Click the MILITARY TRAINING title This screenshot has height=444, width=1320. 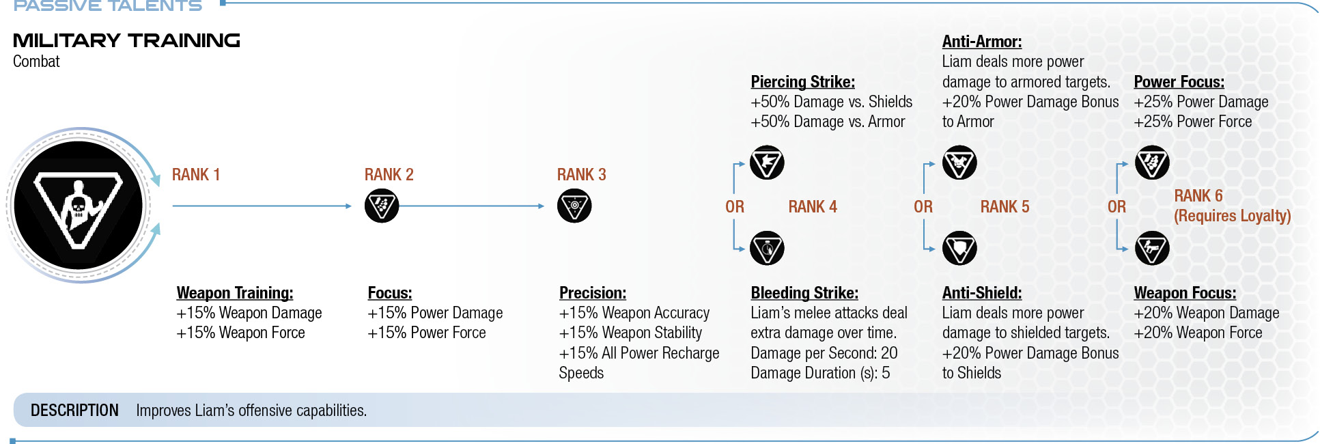[x=126, y=41]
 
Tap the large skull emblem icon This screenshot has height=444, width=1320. [x=79, y=205]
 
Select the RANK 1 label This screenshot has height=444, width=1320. [x=196, y=175]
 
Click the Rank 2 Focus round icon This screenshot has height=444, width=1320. [x=382, y=206]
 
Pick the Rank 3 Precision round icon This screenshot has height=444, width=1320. [x=574, y=206]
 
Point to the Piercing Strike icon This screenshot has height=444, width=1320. [x=767, y=163]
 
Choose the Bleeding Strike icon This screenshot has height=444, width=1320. [x=767, y=248]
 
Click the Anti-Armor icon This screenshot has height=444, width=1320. [x=959, y=163]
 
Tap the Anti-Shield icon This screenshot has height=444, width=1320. [x=959, y=248]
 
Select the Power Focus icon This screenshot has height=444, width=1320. [x=1152, y=163]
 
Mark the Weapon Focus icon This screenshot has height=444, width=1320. [x=1152, y=248]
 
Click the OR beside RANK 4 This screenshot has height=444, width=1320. [x=735, y=207]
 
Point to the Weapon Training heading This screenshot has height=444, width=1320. [x=235, y=293]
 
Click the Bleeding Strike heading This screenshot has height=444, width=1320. [x=804, y=293]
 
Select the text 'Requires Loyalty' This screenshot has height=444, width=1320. [x=1233, y=216]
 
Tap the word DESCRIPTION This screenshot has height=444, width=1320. [x=74, y=411]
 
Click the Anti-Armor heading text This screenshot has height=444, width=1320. [x=982, y=42]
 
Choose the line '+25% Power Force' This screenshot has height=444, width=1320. [x=1193, y=122]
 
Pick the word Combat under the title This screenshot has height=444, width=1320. [x=36, y=61]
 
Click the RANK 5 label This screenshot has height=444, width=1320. [x=1005, y=207]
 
